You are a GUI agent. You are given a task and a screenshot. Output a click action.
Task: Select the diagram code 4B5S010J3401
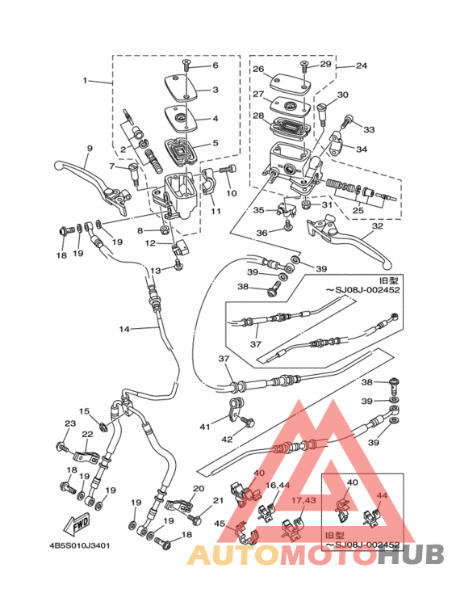(x=80, y=545)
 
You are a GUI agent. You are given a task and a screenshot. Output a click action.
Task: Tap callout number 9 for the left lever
(x=90, y=149)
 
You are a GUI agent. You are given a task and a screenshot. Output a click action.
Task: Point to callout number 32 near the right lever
(x=377, y=225)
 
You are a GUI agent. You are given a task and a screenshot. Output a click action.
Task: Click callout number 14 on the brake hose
(x=124, y=330)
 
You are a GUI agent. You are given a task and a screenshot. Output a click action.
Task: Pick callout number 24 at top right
(x=362, y=65)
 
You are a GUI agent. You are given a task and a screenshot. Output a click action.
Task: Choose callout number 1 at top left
(x=85, y=80)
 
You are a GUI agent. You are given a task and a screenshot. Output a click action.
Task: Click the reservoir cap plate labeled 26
(x=291, y=83)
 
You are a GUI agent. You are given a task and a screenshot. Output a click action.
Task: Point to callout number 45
(x=220, y=524)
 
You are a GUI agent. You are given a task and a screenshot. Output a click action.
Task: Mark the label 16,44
(x=278, y=485)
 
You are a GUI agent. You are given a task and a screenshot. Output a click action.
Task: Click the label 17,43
(x=303, y=500)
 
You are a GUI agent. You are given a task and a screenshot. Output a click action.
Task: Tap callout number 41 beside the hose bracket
(x=204, y=427)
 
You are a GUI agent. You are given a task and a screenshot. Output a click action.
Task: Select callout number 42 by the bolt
(x=227, y=439)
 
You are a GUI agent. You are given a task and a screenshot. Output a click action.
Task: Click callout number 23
(x=70, y=423)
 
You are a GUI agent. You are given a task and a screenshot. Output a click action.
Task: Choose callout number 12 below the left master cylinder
(x=151, y=243)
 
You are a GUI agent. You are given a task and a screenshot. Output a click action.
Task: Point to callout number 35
(x=258, y=210)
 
